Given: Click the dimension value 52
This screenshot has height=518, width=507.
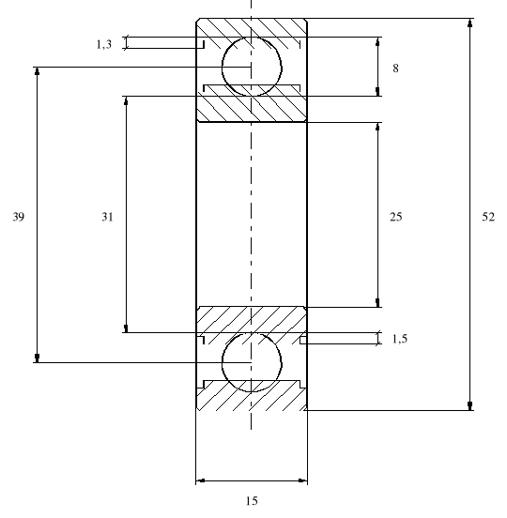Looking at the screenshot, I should pyautogui.click(x=488, y=217).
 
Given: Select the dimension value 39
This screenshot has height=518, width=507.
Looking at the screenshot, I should pyautogui.click(x=19, y=217).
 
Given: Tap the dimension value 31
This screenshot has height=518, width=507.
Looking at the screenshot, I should pyautogui.click(x=108, y=217).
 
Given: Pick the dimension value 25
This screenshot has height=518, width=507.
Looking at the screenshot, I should pyautogui.click(x=395, y=217).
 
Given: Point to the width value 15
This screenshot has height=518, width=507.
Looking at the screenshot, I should pyautogui.click(x=252, y=501).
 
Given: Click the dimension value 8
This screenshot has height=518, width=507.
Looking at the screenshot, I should pyautogui.click(x=395, y=68).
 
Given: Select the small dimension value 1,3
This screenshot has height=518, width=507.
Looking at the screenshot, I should pyautogui.click(x=105, y=43).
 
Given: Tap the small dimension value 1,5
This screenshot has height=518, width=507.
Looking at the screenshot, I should pyautogui.click(x=400, y=339).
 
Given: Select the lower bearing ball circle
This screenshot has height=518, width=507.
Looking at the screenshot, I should pyautogui.click(x=252, y=362).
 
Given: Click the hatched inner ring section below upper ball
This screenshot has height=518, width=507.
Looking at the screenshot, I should pyautogui.click(x=252, y=107).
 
